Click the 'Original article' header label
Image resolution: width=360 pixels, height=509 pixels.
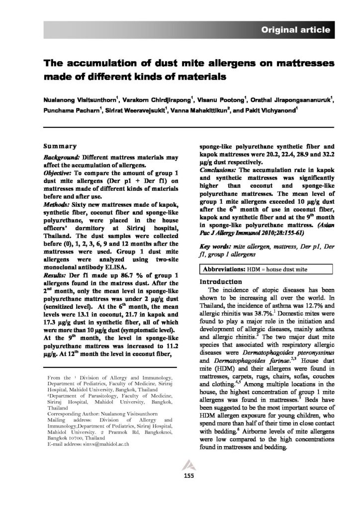click(296, 30)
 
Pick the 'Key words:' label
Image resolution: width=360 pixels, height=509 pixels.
click(213, 247)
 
